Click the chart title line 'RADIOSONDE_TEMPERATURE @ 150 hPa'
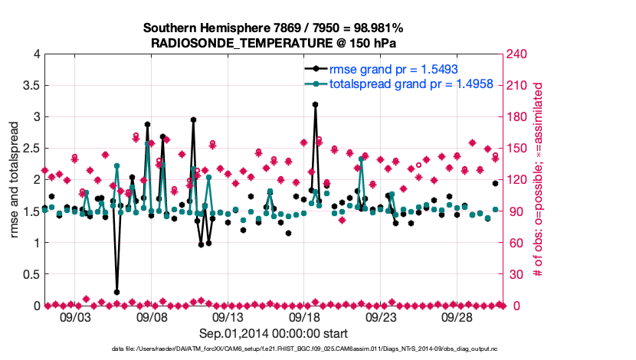click(x=273, y=43)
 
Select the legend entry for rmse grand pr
click(x=382, y=68)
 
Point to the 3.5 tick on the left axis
click(x=31, y=85)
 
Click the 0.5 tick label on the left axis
click(x=31, y=274)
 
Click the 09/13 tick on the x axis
click(x=228, y=316)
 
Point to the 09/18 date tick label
click(x=305, y=316)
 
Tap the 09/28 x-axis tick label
click(x=458, y=316)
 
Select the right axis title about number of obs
click(x=538, y=179)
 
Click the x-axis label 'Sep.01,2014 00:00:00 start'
click(x=273, y=333)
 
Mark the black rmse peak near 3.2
click(x=315, y=104)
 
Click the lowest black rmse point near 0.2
click(x=116, y=292)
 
